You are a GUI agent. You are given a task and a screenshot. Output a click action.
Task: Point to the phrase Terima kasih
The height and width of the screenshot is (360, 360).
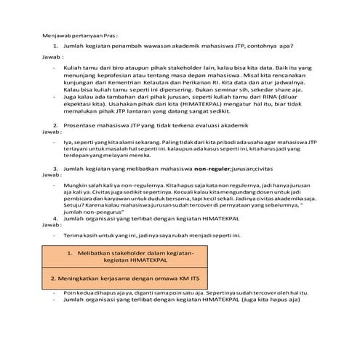point(83,236)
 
